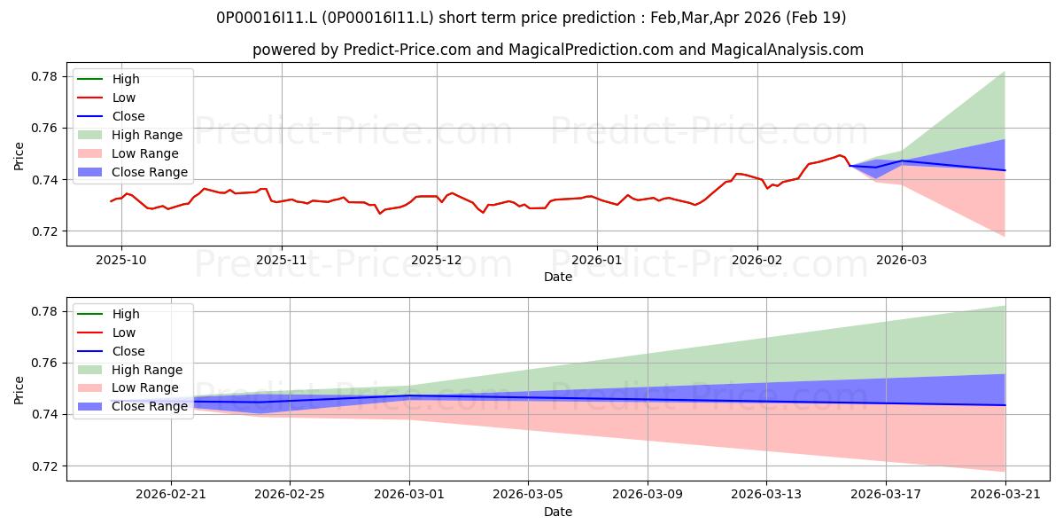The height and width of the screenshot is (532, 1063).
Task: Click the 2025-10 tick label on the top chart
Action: click(121, 260)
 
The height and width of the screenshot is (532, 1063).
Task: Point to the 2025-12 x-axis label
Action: click(436, 260)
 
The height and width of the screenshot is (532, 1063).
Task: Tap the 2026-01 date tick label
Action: click(596, 260)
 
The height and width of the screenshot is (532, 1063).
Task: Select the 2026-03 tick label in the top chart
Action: click(901, 260)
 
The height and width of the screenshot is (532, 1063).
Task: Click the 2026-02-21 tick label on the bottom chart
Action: click(171, 494)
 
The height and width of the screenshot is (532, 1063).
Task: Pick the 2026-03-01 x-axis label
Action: click(409, 494)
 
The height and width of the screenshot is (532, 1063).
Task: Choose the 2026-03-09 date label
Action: click(648, 494)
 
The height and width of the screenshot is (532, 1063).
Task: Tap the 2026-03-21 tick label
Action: click(1005, 494)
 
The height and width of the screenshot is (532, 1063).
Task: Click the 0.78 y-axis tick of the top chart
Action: click(44, 76)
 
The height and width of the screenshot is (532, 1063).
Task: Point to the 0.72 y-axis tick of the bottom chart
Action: click(44, 466)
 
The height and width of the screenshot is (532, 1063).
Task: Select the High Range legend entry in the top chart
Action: click(130, 135)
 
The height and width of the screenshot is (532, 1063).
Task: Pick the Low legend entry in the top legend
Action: click(106, 98)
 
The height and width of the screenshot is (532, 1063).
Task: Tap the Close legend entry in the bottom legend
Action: click(111, 351)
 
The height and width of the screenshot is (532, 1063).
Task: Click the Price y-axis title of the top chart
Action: click(19, 156)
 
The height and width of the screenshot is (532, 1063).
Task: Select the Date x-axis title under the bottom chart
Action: click(558, 512)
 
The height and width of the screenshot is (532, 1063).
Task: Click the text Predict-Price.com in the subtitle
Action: click(407, 50)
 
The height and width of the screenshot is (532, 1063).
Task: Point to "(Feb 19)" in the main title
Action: click(816, 18)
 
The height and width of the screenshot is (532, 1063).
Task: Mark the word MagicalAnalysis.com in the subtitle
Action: click(787, 50)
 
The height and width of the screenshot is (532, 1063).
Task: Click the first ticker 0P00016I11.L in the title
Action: click(267, 18)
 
